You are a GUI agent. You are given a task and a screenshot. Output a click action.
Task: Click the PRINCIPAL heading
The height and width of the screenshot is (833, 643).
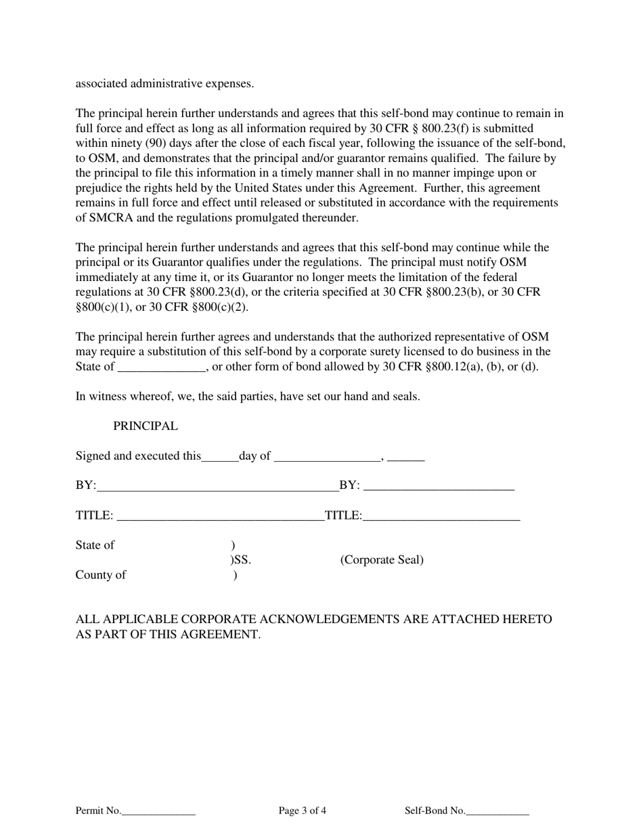pyautogui.click(x=146, y=427)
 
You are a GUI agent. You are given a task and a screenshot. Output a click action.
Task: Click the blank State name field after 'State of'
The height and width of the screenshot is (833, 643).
pyautogui.click(x=161, y=368)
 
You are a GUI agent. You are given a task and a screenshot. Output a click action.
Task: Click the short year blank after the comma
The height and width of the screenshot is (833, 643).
pyautogui.click(x=406, y=457)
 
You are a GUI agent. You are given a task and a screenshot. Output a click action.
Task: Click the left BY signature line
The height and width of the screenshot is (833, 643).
pyautogui.click(x=217, y=486)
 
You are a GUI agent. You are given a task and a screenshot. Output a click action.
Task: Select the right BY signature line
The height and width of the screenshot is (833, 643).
pyautogui.click(x=439, y=486)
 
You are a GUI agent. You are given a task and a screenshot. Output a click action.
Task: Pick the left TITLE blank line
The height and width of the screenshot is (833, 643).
pyautogui.click(x=220, y=516)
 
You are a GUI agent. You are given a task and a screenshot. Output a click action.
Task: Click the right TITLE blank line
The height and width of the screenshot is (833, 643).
pyautogui.click(x=441, y=516)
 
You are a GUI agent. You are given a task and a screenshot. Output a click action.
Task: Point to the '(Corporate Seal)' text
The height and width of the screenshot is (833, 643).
pyautogui.click(x=382, y=560)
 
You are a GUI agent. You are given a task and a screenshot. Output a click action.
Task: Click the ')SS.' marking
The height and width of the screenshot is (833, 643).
pyautogui.click(x=240, y=560)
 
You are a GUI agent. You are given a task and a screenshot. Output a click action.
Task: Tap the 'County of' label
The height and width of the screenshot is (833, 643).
pyautogui.click(x=100, y=576)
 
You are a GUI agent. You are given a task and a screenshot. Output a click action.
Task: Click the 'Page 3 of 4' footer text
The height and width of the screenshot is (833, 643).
pyautogui.click(x=303, y=811)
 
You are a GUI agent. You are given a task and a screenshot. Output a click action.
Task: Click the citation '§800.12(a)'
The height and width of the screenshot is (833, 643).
pyautogui.click(x=452, y=367)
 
